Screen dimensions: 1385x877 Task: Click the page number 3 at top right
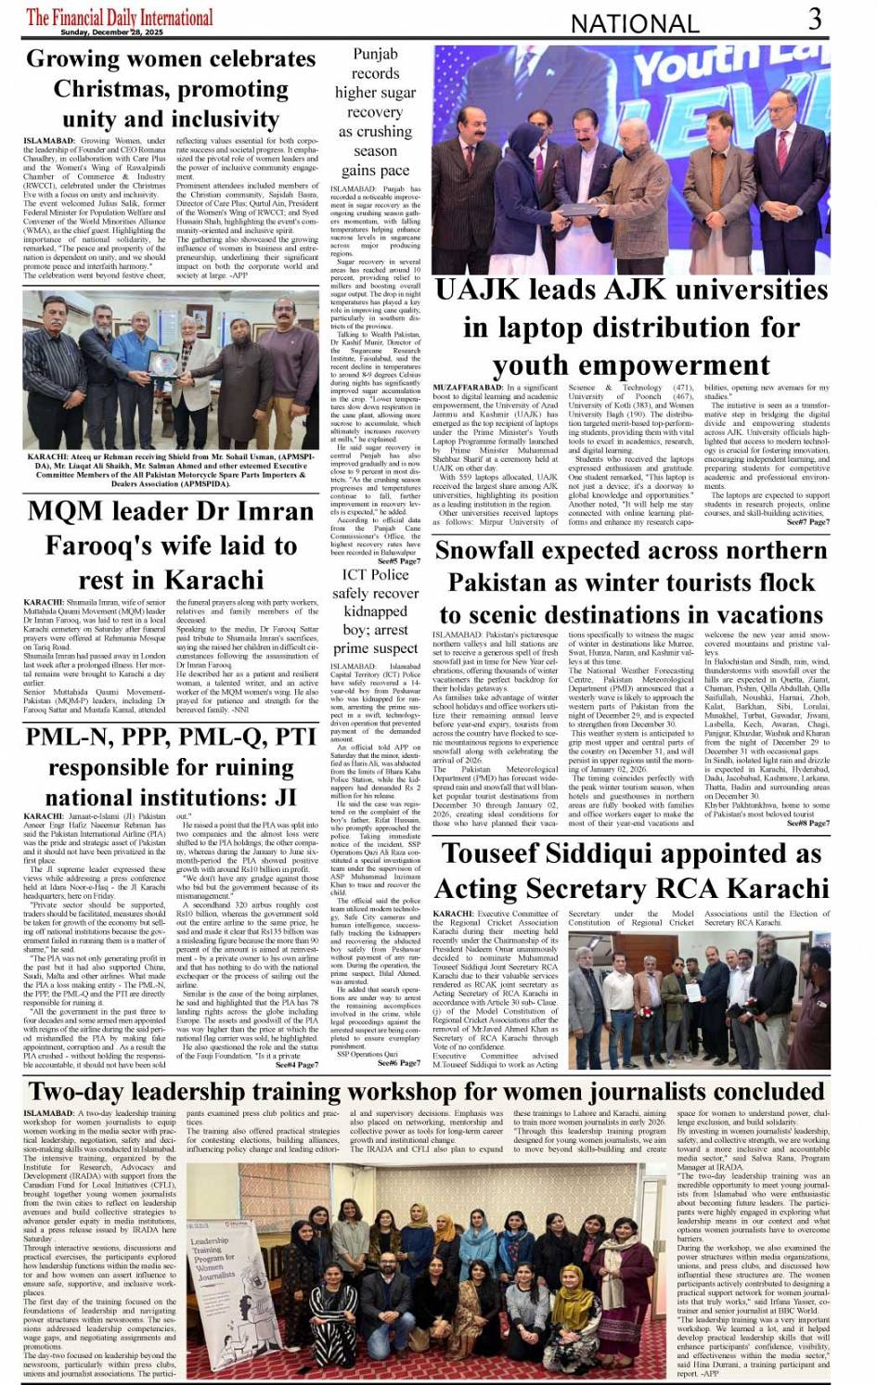point(814,19)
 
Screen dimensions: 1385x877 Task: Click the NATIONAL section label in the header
point(635,23)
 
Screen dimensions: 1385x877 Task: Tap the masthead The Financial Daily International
point(120,16)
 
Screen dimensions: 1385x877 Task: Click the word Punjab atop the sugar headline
point(375,54)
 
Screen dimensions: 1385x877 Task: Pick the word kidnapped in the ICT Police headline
point(375,611)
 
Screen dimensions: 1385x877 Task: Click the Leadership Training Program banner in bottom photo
point(212,1256)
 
